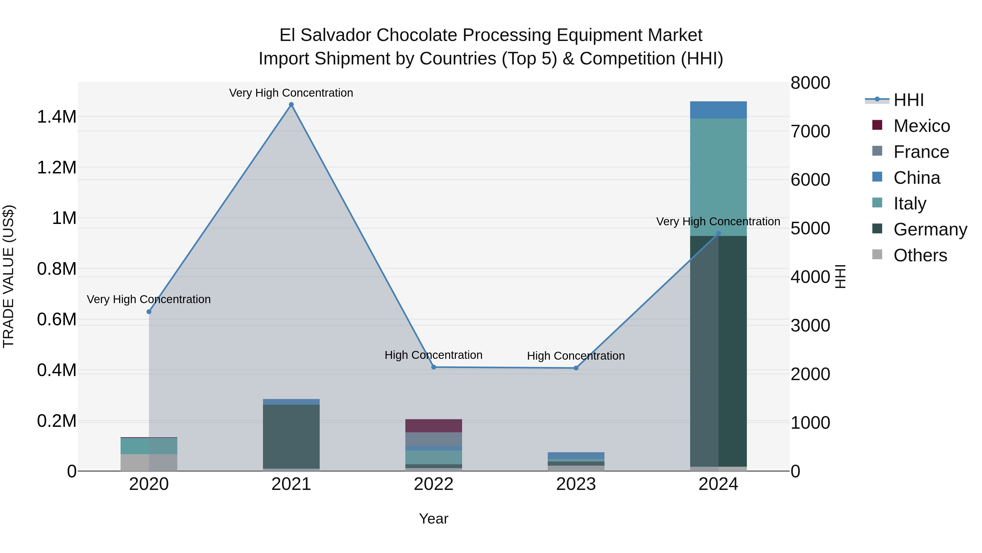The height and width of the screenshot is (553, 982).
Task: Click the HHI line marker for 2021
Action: tap(291, 105)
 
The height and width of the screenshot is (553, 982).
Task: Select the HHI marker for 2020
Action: tap(149, 312)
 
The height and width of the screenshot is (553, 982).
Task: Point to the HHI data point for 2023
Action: tap(576, 368)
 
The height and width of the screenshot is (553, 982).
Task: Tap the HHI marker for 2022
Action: tap(433, 367)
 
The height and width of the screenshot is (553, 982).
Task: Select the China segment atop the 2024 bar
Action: tap(718, 110)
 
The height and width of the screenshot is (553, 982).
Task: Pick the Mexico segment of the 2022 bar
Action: tap(433, 425)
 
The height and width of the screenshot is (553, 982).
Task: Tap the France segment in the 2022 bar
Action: tap(433, 439)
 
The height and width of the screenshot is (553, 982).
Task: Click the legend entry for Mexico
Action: tap(921, 126)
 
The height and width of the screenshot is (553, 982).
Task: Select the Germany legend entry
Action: tap(930, 229)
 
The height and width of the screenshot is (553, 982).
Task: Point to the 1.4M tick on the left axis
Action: tap(57, 117)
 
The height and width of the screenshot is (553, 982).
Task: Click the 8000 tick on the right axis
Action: tap(810, 83)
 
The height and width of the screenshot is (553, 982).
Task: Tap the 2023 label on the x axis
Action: tap(576, 484)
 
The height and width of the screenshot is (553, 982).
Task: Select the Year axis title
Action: tap(433, 519)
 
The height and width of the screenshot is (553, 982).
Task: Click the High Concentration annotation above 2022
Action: tap(433, 355)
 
